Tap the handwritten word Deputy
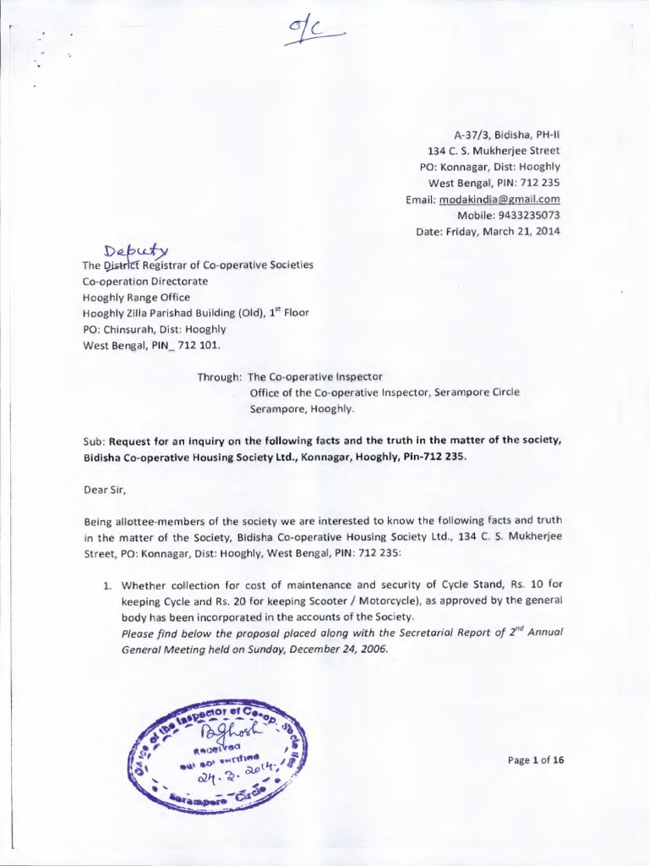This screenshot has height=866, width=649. pyautogui.click(x=136, y=251)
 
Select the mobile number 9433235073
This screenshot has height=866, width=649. pyautogui.click(x=525, y=216)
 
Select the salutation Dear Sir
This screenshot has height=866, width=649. pyautogui.click(x=106, y=487)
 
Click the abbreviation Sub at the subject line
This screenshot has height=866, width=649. pyautogui.click(x=93, y=439)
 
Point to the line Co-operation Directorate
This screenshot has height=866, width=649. pyautogui.click(x=144, y=281)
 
